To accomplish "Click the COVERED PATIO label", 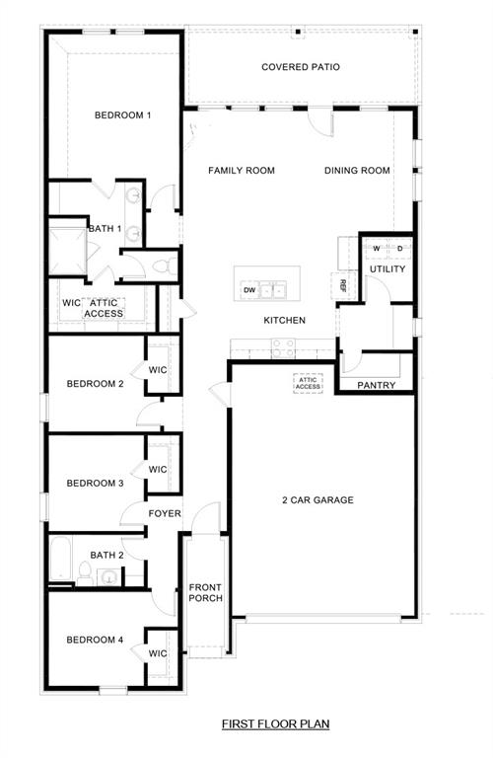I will (x=301, y=67).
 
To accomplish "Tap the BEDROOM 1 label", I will (x=122, y=115).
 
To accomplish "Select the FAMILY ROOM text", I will (x=241, y=171).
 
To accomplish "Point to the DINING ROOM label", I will (x=357, y=171).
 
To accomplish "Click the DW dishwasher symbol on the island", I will (x=249, y=290).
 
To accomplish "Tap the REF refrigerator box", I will (x=343, y=285).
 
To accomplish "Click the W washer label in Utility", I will (x=376, y=248).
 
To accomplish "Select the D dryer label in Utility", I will (x=399, y=248).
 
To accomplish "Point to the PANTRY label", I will (x=376, y=385).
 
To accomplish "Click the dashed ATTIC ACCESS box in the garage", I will (x=308, y=383).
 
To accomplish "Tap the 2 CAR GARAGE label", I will (x=317, y=500).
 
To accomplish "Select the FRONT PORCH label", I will (x=206, y=593).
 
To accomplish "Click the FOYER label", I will (x=164, y=514).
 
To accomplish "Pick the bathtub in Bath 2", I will (x=59, y=561).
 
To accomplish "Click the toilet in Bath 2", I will (x=85, y=577).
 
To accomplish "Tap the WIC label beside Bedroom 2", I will (x=159, y=370).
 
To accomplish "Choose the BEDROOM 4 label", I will (x=95, y=640).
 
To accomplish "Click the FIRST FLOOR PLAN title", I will (x=275, y=724).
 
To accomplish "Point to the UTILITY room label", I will (x=387, y=269).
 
